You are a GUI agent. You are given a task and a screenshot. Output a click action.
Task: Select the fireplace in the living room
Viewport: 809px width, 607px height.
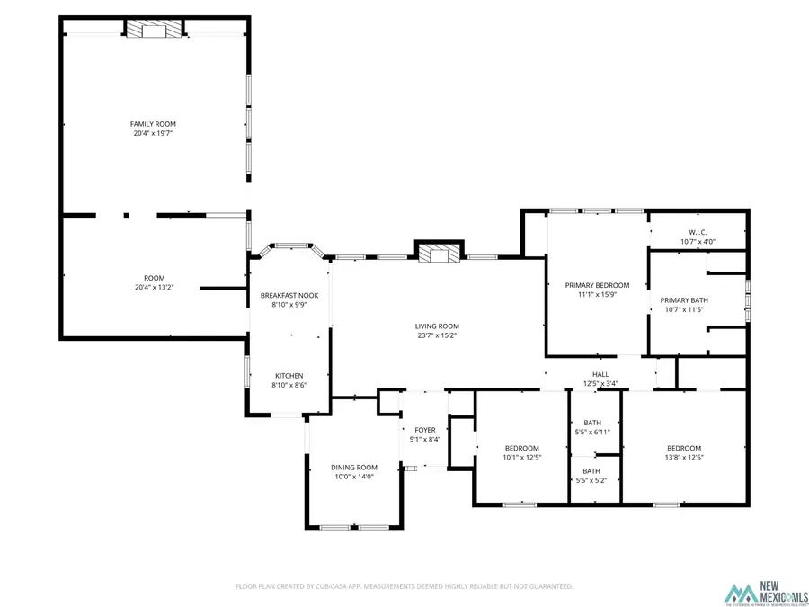point(438,254)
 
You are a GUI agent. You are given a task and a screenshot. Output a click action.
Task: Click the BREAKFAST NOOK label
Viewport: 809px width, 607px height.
point(289,295)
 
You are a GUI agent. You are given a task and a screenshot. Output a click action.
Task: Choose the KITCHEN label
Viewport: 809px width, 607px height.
point(289,375)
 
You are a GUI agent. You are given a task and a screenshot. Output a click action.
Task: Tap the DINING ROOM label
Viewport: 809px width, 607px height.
point(354,467)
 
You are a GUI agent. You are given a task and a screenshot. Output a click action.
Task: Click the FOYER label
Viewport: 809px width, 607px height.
point(424,430)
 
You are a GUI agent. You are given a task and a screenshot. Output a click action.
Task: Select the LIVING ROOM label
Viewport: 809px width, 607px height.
point(437,326)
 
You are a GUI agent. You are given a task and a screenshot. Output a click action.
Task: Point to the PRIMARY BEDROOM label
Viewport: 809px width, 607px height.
point(597,285)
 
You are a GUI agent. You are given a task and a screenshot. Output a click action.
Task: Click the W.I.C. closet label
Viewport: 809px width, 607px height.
point(698,232)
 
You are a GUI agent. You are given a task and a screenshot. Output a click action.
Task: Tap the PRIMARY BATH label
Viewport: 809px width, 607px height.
point(684,300)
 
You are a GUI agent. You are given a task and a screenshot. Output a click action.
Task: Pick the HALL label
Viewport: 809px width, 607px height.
point(600,374)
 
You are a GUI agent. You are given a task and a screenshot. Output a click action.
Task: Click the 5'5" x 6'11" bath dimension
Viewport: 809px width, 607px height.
point(591,432)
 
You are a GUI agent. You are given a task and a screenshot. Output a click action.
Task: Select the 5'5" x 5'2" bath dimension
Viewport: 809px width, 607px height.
point(591,480)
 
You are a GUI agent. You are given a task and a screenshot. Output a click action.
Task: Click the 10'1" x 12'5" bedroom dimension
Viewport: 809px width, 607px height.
point(521,458)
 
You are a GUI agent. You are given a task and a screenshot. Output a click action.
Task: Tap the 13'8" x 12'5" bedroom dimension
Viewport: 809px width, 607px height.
point(683,458)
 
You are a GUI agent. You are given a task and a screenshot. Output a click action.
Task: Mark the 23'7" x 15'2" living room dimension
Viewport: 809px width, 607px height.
point(437,335)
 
